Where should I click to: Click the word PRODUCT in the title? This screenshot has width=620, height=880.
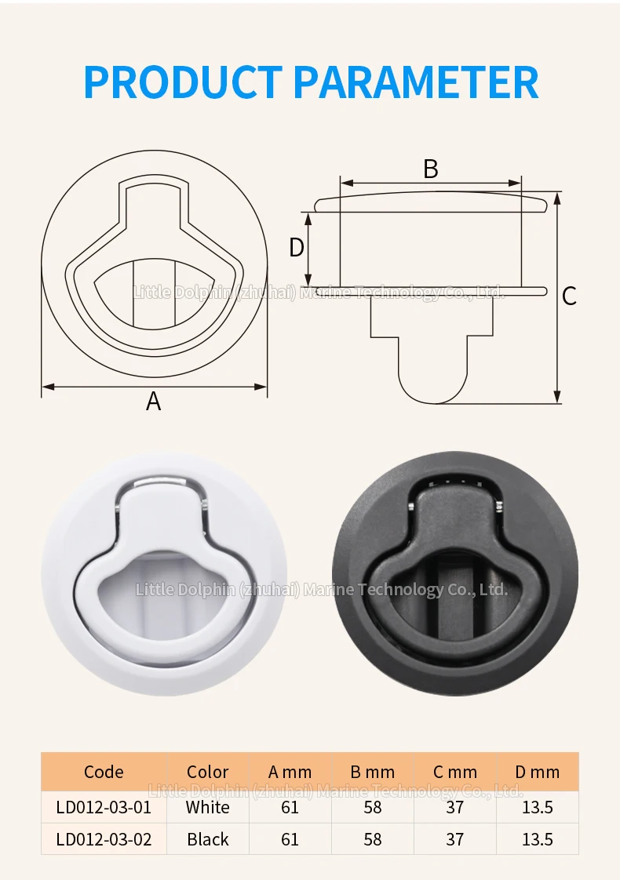tap(183, 82)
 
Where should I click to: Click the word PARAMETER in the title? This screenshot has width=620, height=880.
tap(416, 82)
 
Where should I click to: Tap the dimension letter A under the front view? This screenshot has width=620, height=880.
tap(153, 402)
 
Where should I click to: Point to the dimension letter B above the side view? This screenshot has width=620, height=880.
tap(431, 169)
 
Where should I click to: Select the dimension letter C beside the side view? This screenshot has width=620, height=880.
tap(569, 296)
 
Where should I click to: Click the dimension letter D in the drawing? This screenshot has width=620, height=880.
tap(297, 248)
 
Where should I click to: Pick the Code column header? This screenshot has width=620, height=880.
tap(104, 773)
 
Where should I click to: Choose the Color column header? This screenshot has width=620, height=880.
tap(208, 773)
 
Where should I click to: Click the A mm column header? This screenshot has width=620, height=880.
tap(290, 773)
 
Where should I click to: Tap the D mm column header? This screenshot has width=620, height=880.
tap(538, 773)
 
